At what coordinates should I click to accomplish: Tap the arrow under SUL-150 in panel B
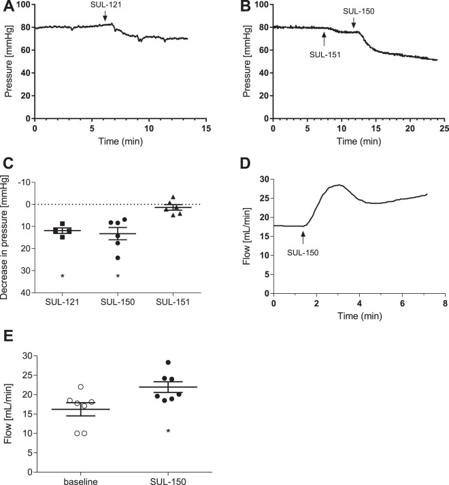pyautogui.click(x=353, y=24)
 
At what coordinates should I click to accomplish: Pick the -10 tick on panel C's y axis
pyautogui.click(x=25, y=182)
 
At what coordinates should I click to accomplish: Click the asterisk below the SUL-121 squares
pyautogui.click(x=63, y=276)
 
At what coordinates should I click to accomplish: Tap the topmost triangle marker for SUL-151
pyautogui.click(x=173, y=197)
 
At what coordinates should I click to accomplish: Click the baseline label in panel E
pyautogui.click(x=81, y=480)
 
